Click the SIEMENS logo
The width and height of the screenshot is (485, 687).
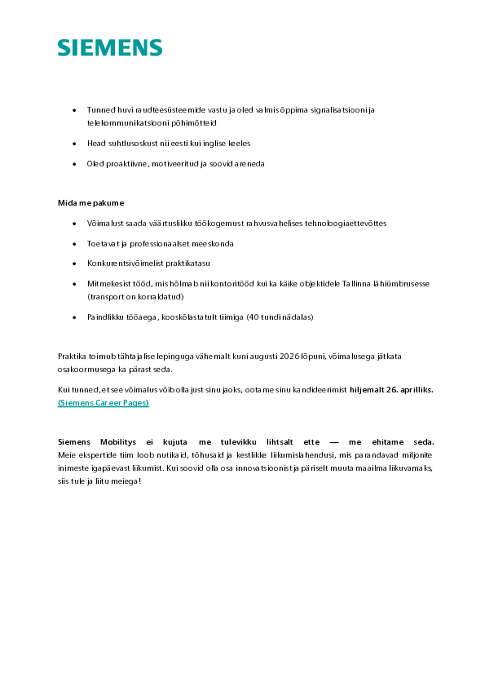[x=110, y=48]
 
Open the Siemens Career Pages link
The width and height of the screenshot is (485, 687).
[x=103, y=403]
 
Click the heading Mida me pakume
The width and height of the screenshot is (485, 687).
[x=91, y=203]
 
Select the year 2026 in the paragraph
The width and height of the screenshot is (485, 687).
[x=289, y=356]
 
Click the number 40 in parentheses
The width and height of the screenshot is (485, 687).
[x=253, y=317]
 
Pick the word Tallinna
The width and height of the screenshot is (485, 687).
[x=356, y=284]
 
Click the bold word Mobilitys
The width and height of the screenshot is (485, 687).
[x=118, y=442]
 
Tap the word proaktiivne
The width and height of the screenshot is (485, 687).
[x=117, y=164]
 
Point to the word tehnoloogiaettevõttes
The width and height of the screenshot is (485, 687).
[x=346, y=223]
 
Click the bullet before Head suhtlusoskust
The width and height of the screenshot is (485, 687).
[x=74, y=144]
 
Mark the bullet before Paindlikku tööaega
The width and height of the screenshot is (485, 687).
[x=74, y=317]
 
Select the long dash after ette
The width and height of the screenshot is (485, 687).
[x=334, y=442]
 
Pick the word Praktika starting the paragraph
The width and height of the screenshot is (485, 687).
[x=72, y=356]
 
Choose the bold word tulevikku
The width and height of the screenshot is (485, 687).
[x=238, y=442]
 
